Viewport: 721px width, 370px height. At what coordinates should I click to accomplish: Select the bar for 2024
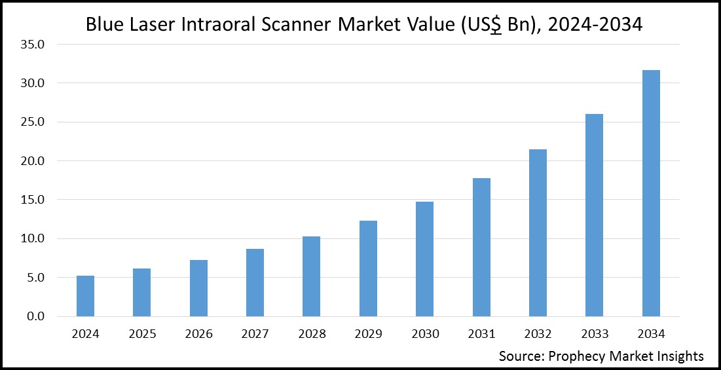85,296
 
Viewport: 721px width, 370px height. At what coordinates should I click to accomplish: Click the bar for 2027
255,282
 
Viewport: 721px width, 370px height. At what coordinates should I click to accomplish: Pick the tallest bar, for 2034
651,193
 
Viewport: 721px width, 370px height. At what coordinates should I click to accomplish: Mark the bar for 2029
368,268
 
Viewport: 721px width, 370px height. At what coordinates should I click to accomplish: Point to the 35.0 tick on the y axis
32,45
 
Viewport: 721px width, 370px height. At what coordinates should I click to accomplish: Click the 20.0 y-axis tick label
32,161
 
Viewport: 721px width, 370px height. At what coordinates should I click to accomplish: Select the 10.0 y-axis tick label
32,239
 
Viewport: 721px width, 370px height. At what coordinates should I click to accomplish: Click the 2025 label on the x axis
142,334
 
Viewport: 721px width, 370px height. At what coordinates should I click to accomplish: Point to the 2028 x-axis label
312,334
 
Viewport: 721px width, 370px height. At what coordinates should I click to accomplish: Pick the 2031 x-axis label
481,334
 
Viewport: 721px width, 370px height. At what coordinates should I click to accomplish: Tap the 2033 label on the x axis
594,334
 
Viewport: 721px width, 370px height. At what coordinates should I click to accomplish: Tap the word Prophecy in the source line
576,357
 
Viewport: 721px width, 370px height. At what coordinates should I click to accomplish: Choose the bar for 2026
198,288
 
